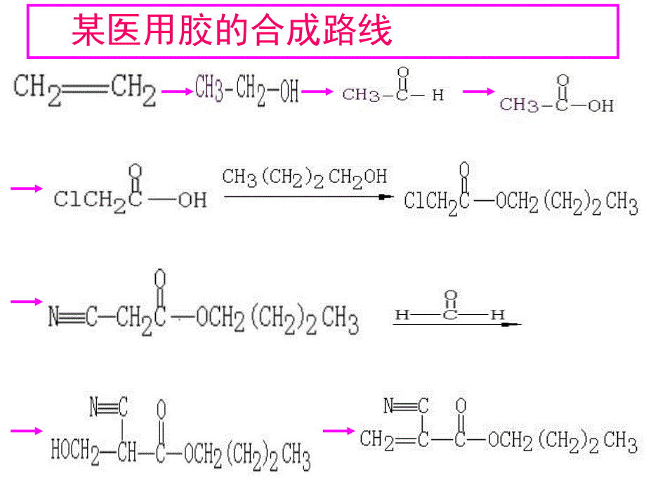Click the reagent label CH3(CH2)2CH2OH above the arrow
click(304, 176)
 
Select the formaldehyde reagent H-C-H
click(450, 310)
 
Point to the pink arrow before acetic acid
click(479, 91)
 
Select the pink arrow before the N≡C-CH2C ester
click(27, 302)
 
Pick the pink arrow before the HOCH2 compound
click(27, 430)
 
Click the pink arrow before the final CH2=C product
click(338, 430)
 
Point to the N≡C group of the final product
click(407, 406)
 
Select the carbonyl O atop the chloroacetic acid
click(136, 171)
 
